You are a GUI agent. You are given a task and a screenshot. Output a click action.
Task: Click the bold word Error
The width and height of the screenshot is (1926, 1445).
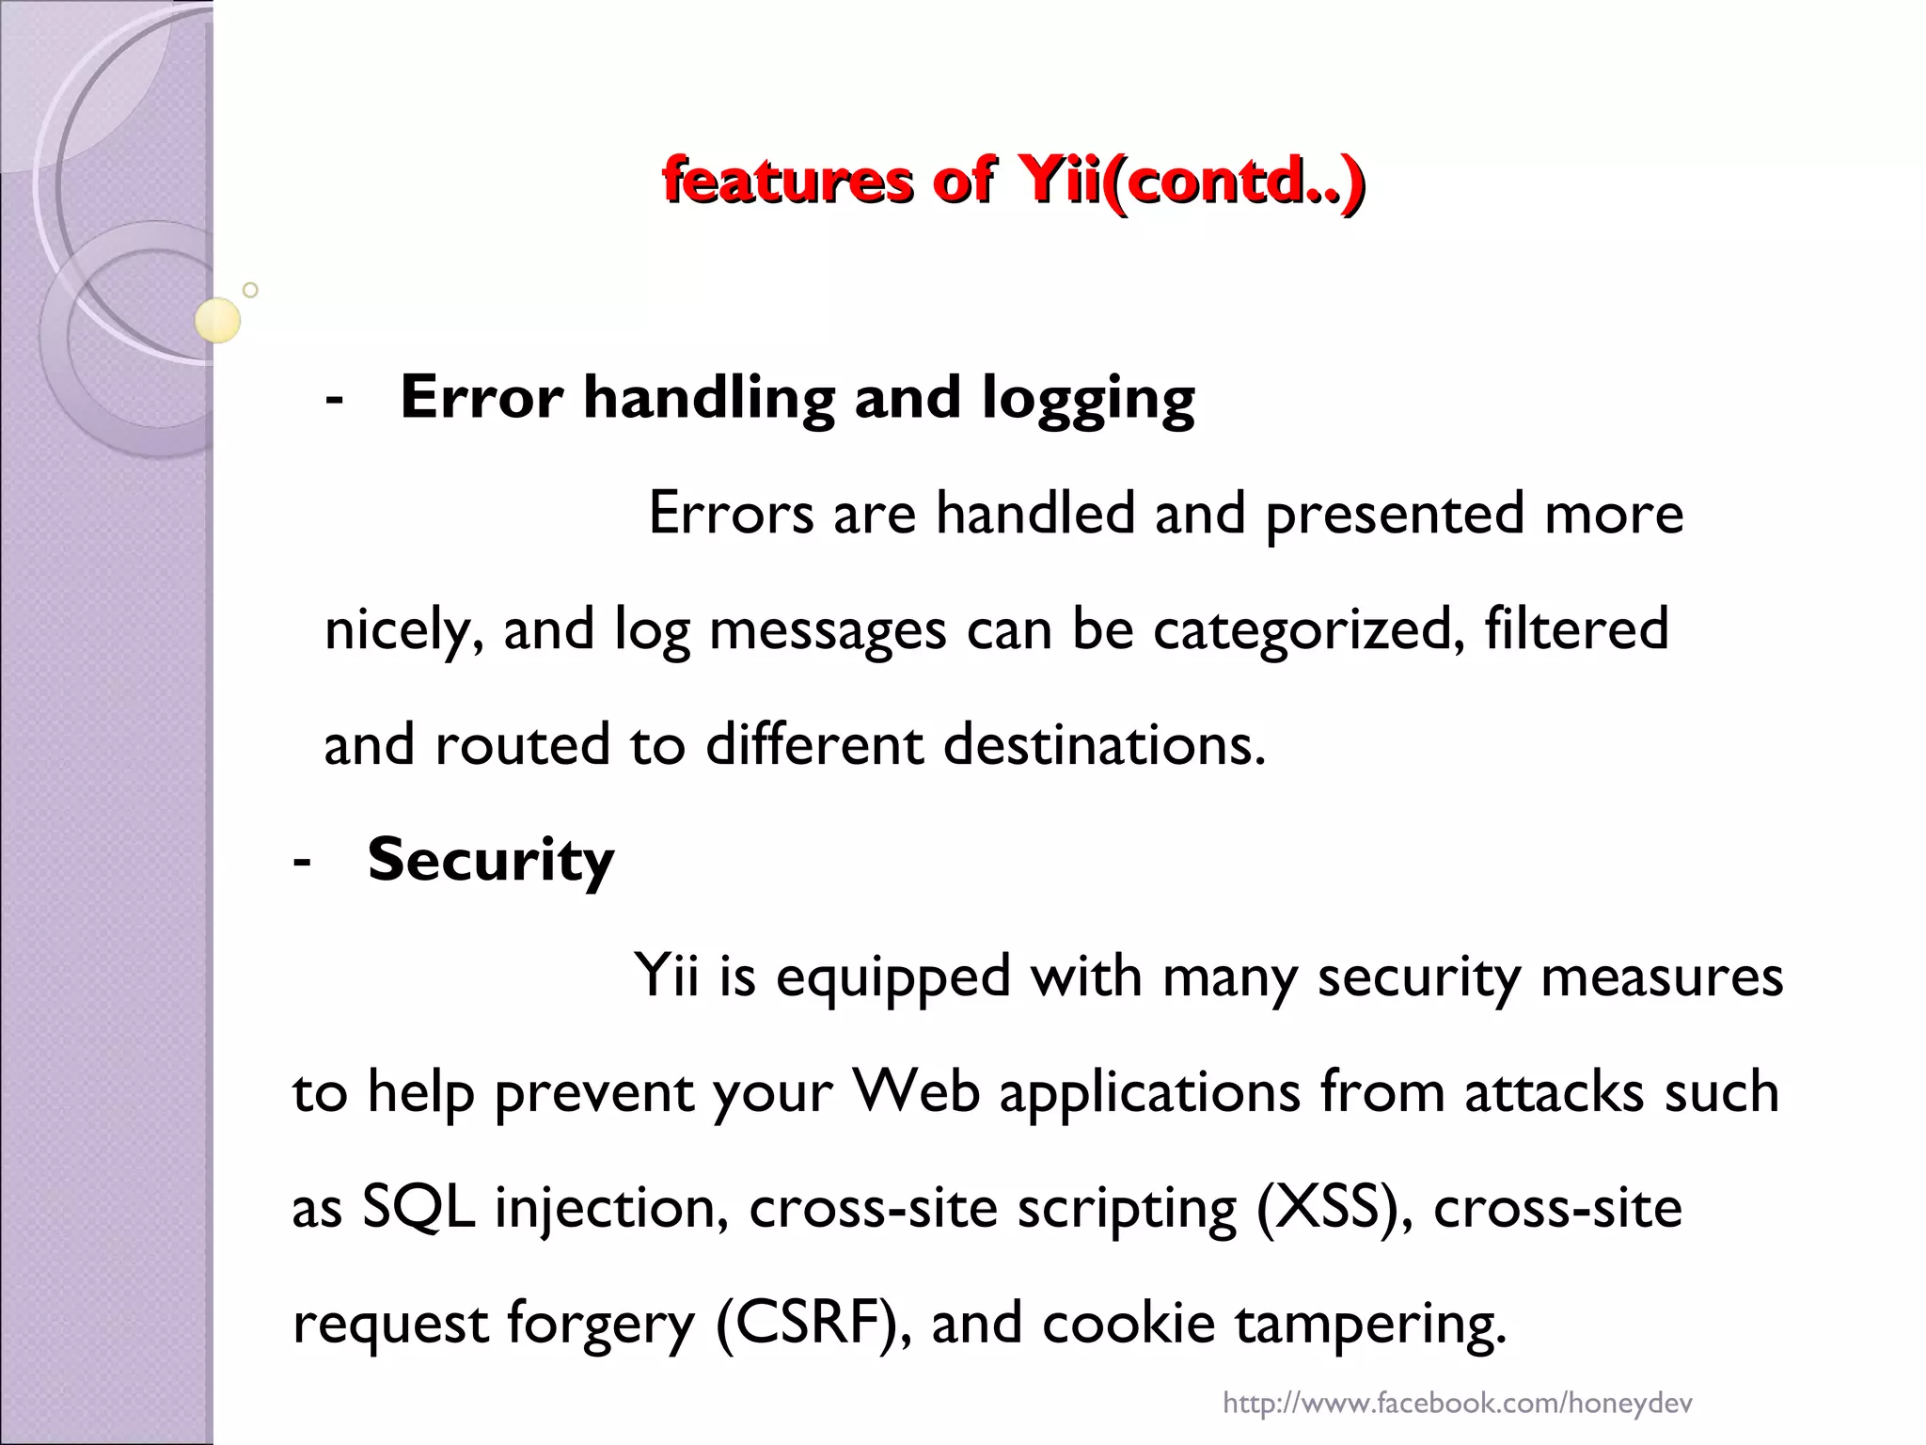tap(481, 397)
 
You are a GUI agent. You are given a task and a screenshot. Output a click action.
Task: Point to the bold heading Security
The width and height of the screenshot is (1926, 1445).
tap(490, 861)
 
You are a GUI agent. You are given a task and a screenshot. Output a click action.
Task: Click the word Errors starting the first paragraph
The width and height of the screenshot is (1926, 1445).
tap(731, 514)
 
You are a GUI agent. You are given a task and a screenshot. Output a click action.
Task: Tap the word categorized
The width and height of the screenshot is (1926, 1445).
tap(1308, 630)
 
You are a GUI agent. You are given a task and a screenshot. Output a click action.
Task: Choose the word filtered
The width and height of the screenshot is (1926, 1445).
tap(1576, 628)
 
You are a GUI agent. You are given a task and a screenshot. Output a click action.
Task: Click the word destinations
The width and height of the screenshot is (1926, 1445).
tap(1104, 745)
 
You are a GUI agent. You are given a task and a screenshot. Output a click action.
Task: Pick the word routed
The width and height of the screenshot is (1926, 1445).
tap(522, 745)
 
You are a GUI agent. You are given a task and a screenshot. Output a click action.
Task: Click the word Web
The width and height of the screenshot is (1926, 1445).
tap(915, 1092)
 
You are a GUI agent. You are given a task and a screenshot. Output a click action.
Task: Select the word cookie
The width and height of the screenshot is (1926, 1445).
tap(1128, 1324)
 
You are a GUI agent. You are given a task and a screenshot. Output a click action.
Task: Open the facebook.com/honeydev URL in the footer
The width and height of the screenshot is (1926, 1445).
tap(1457, 1405)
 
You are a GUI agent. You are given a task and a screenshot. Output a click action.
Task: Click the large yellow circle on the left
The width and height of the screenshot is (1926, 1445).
tap(217, 321)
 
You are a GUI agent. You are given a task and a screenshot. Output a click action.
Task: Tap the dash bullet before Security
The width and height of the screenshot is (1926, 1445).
tap(302, 861)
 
